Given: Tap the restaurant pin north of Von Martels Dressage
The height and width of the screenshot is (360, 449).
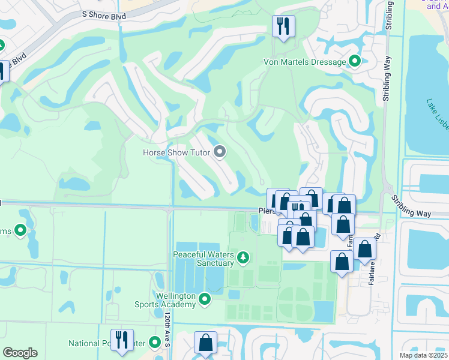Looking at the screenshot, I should coord(283,26).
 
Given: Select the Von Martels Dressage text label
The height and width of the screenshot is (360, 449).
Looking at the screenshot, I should coord(305,62).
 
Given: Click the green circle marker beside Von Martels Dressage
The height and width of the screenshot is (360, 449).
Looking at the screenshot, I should coord(354,61).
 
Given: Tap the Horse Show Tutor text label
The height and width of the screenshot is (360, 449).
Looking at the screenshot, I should coord(176,152).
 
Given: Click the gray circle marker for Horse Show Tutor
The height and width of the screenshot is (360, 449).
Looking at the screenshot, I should coord(220,152).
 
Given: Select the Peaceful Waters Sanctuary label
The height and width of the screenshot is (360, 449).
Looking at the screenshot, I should coord(203,259).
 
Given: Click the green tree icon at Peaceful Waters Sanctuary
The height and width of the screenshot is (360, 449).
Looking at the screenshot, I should coord(243,258).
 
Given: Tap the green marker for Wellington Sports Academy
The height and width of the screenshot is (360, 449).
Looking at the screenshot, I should coord(205,298).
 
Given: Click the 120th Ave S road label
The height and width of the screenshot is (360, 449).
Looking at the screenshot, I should coord(168,332).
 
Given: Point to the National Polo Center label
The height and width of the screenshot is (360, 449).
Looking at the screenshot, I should coord(107,344).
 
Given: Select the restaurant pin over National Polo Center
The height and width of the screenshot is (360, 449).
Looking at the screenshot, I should coord(122,340).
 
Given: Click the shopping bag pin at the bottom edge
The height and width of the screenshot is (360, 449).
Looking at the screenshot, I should coord(205,343).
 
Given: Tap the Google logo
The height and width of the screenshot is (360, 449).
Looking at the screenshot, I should coord(20,353).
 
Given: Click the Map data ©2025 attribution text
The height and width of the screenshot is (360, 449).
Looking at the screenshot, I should coord(423,355).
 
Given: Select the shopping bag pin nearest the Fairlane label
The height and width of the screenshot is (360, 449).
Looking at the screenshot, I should coord(364,250).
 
